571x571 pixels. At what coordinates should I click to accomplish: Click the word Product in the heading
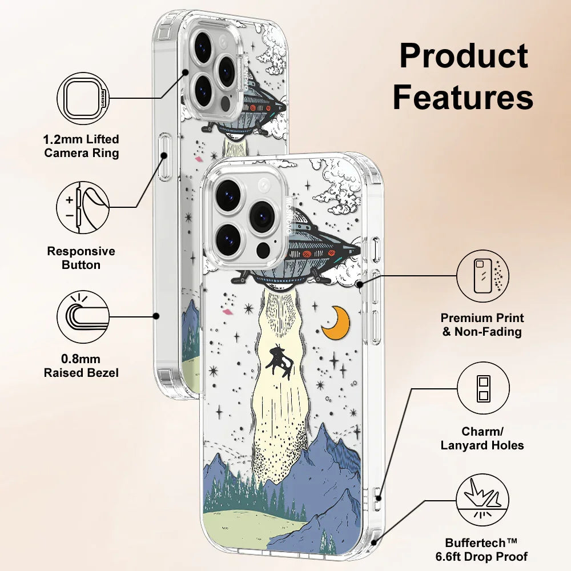click(x=463, y=57)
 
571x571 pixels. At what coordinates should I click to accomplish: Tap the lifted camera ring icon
click(x=83, y=98)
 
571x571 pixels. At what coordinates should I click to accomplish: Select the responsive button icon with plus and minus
click(x=83, y=207)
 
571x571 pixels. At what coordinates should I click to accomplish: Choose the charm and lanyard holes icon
click(x=482, y=388)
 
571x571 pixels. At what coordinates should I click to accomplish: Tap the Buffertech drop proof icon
click(x=482, y=501)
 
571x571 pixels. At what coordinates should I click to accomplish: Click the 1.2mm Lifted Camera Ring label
click(x=82, y=146)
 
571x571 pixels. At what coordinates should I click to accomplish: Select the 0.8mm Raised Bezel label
click(x=82, y=366)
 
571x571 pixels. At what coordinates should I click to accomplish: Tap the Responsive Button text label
click(x=81, y=258)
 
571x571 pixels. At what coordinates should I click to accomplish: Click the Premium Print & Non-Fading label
click(x=482, y=324)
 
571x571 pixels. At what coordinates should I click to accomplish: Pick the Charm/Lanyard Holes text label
click(x=482, y=439)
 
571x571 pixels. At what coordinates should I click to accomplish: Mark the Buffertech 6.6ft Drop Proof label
click(x=486, y=549)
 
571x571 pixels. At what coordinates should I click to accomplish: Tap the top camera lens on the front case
click(x=228, y=192)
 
